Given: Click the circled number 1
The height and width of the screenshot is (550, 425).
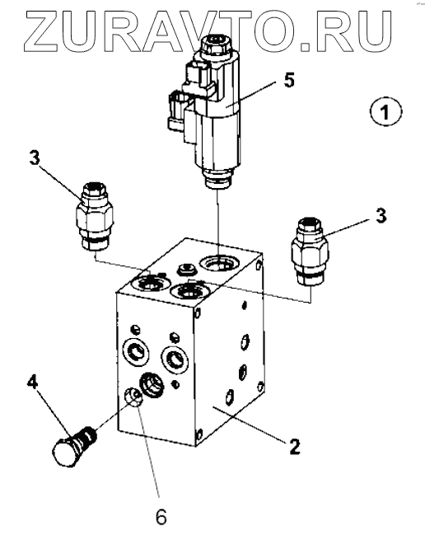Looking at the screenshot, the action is [x=385, y=112].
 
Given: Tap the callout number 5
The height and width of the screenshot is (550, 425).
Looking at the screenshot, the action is [x=289, y=80].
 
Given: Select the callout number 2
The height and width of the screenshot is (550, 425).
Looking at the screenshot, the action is [x=295, y=447].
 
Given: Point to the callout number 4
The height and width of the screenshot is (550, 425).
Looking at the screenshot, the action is [x=32, y=382].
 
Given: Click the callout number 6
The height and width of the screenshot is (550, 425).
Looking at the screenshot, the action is [x=161, y=517].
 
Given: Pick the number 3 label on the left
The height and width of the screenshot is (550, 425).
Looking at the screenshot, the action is [x=35, y=158].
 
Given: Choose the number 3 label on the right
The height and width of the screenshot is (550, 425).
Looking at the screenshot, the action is [x=381, y=215].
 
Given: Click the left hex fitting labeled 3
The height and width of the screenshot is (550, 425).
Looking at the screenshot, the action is [x=95, y=216].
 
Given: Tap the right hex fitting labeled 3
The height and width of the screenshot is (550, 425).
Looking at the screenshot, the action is [x=310, y=251].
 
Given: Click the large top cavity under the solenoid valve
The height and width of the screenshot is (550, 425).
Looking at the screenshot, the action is [x=218, y=263].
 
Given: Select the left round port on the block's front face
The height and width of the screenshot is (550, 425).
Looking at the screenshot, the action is [x=135, y=352].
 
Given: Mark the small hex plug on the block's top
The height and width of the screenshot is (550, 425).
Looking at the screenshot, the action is [x=185, y=270].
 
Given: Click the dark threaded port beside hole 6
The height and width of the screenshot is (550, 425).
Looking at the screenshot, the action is [x=152, y=385].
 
